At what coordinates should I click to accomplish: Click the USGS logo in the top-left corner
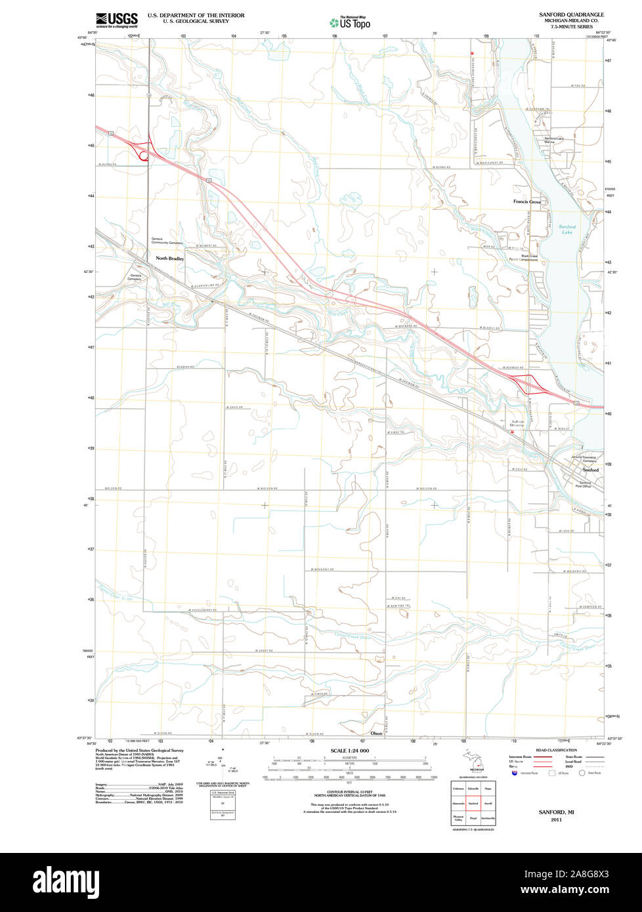pos(117,19)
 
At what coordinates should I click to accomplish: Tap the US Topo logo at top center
pos(350,22)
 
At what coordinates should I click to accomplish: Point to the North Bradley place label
pos(169,259)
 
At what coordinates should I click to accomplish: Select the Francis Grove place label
pos(526,201)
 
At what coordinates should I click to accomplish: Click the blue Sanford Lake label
pos(567,230)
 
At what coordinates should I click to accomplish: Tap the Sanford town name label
pos(590,470)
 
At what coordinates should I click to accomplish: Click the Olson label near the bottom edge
pos(376,733)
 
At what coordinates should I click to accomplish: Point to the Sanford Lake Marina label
pos(553,140)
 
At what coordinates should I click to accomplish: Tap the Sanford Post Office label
pos(584,484)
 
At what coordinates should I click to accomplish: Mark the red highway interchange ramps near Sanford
pos(529,384)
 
